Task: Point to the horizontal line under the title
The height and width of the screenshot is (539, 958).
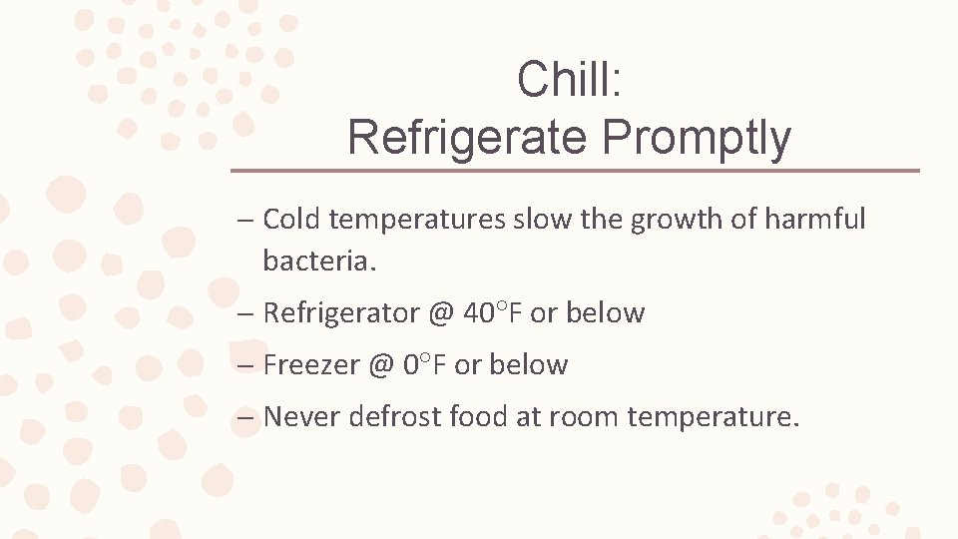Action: pyautogui.click(x=575, y=171)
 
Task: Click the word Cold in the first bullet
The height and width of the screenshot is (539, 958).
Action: pyautogui.click(x=291, y=220)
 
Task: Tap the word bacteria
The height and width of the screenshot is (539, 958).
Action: pyautogui.click(x=317, y=262)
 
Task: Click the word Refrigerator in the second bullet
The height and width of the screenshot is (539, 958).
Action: pyautogui.click(x=341, y=313)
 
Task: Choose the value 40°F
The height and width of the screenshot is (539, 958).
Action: pyautogui.click(x=493, y=313)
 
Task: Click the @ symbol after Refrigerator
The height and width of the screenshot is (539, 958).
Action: pyautogui.click(x=441, y=313)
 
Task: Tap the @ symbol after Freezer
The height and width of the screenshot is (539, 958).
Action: pyautogui.click(x=380, y=365)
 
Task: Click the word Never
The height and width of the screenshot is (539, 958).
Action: pyautogui.click(x=302, y=416)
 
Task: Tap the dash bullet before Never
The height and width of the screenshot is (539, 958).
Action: pyautogui.click(x=245, y=417)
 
